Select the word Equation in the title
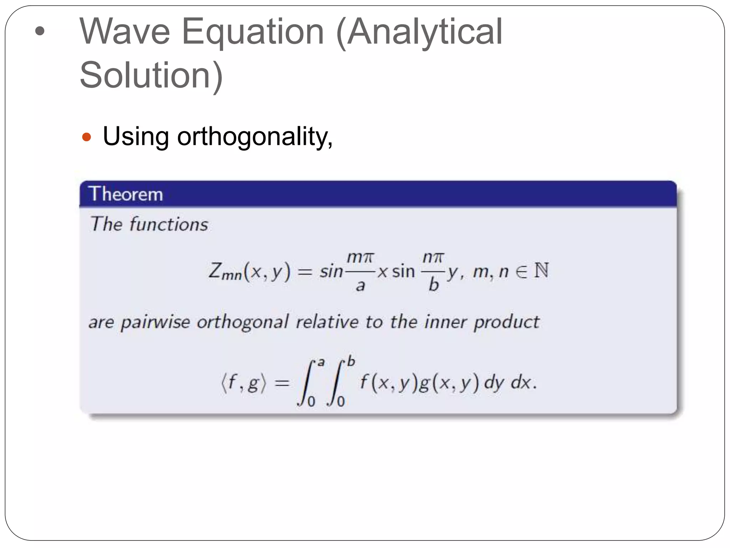click(x=253, y=33)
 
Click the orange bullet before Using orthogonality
click(x=87, y=137)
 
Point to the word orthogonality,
click(x=255, y=137)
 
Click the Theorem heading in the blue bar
click(x=126, y=194)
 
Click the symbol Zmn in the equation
click(x=225, y=271)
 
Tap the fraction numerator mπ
click(x=360, y=257)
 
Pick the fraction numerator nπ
click(x=433, y=257)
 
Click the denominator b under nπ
click(x=433, y=285)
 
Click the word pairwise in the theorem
click(x=155, y=322)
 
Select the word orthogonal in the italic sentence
click(x=242, y=322)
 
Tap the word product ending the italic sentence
click(x=507, y=322)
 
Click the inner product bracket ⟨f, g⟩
click(x=243, y=383)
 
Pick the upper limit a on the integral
click(x=321, y=362)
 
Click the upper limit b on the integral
click(x=351, y=361)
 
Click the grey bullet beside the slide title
click(x=40, y=31)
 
